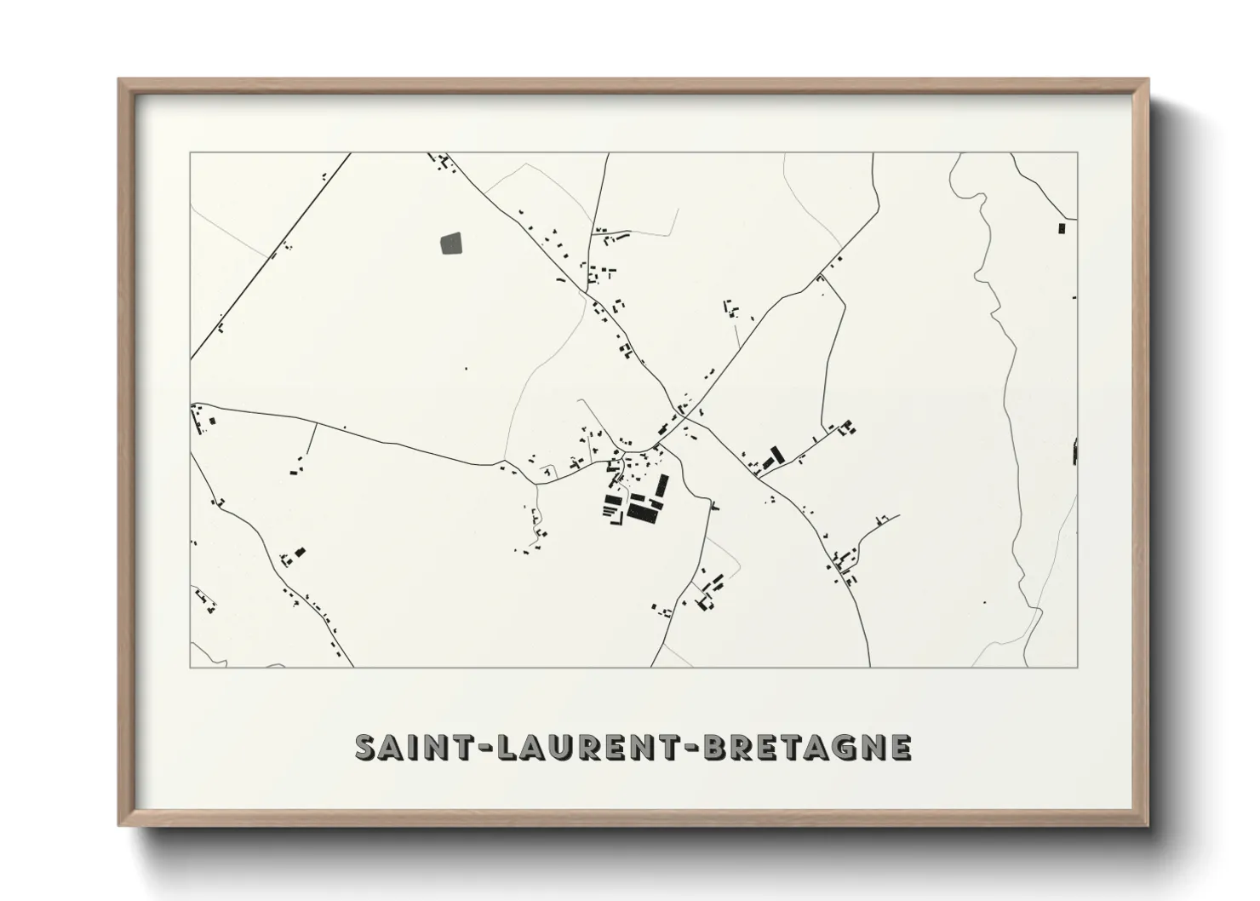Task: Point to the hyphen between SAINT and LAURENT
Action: coord(467,748)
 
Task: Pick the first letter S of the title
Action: coord(365,747)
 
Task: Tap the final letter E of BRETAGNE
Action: coord(901,747)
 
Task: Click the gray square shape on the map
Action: coord(451,244)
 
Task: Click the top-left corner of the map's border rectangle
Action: coord(190,152)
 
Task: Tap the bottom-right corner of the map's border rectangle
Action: coord(1078,667)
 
